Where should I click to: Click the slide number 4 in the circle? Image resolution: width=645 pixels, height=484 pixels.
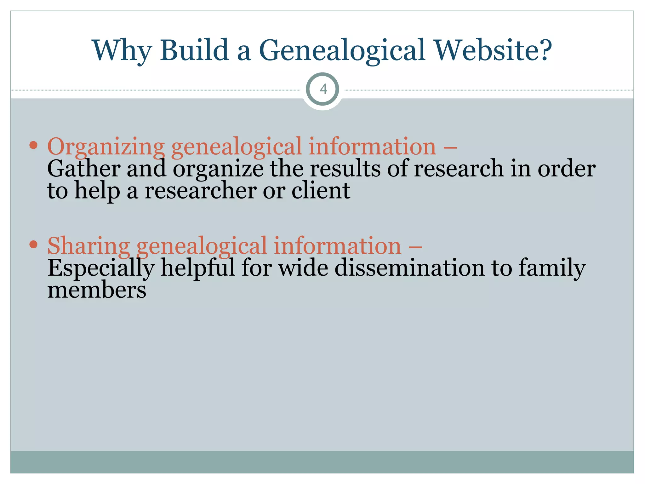click(323, 89)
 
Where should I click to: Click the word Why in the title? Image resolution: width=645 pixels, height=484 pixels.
click(122, 50)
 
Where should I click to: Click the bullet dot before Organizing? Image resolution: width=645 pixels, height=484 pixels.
click(33, 145)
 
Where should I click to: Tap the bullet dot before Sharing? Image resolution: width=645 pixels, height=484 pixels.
click(33, 244)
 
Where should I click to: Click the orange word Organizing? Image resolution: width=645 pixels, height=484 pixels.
click(106, 147)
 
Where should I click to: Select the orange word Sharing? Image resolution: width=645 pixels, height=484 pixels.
click(88, 246)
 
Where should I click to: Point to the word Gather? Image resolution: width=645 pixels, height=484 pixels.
click(83, 169)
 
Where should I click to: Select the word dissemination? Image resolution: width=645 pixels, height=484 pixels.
click(409, 268)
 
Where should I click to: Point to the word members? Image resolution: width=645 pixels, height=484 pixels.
click(97, 290)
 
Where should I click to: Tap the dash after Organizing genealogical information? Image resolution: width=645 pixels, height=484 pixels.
click(450, 147)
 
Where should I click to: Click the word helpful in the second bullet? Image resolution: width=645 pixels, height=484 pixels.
click(198, 268)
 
